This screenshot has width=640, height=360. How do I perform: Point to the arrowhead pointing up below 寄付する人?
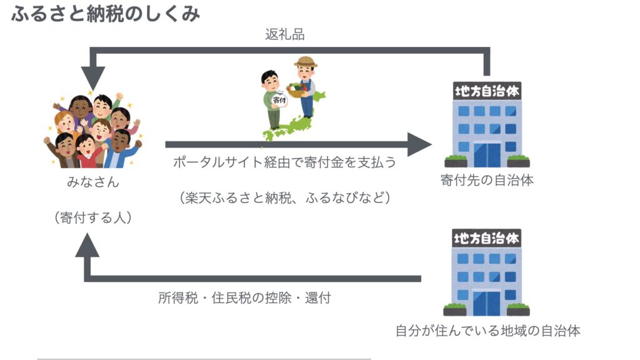[87, 248]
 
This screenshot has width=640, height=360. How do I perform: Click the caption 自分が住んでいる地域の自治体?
[487, 331]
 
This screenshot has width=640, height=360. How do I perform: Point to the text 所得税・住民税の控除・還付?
[244, 298]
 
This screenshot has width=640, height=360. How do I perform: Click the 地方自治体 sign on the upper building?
[487, 92]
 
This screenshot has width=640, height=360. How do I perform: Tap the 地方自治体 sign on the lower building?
[487, 238]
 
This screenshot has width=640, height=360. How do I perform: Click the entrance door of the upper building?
[487, 154]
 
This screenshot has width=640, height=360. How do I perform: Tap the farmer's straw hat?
[306, 62]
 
